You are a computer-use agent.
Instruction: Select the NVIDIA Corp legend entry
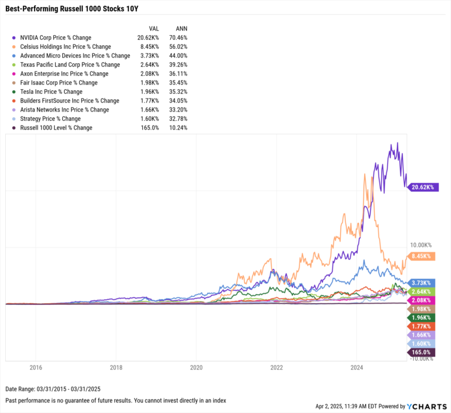pyautogui.click(x=55, y=38)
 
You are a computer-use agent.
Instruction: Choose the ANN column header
pyautogui.click(x=181, y=28)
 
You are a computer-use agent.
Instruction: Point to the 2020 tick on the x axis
pyautogui.click(x=196, y=367)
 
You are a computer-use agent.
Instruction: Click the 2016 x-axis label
pyautogui.click(x=35, y=367)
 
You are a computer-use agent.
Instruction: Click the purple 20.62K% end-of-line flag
pyautogui.click(x=422, y=187)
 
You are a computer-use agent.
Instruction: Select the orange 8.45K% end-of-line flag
pyautogui.click(x=422, y=256)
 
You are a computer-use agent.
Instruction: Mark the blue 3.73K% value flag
pyautogui.click(x=422, y=282)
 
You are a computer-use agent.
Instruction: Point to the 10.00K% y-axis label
pyautogui.click(x=420, y=245)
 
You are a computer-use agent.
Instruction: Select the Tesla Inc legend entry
pyautogui.click(x=51, y=92)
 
